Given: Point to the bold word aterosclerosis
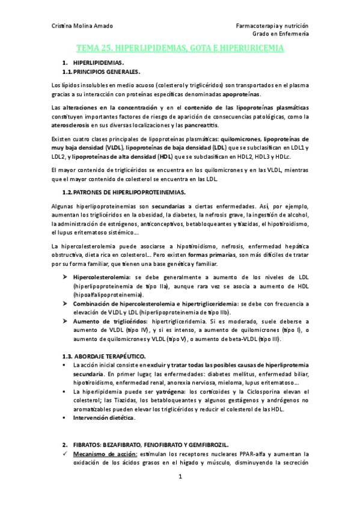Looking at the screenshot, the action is coord(70,126).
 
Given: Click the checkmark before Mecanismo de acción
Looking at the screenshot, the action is coord(66,454).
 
